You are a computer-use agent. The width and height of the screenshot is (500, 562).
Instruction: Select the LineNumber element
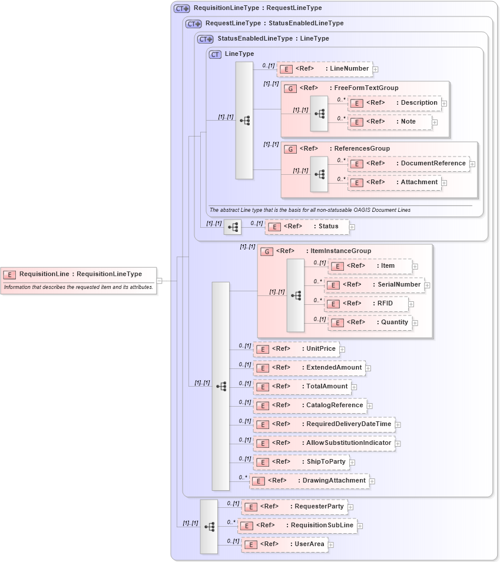324,69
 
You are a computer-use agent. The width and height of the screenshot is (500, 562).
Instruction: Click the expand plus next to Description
444,103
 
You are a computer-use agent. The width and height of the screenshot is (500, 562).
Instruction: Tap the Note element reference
390,122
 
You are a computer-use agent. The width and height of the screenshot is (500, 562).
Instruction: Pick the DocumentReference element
409,164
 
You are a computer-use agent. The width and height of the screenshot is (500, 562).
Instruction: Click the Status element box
307,227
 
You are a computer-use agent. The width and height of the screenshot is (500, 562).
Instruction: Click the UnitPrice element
296,349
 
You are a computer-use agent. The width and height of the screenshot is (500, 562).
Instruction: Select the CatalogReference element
310,405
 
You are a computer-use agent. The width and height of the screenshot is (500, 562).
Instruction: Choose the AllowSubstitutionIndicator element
323,443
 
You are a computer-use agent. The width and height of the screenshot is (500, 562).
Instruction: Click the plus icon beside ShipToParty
352,463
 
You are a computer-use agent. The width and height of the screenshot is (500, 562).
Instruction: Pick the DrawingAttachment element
309,481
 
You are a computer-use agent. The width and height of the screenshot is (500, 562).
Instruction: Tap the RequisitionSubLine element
297,526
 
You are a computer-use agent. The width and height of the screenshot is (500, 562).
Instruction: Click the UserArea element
284,544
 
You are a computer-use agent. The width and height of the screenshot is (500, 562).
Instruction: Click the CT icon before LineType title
215,54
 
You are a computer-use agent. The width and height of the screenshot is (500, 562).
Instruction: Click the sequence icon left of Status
233,227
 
